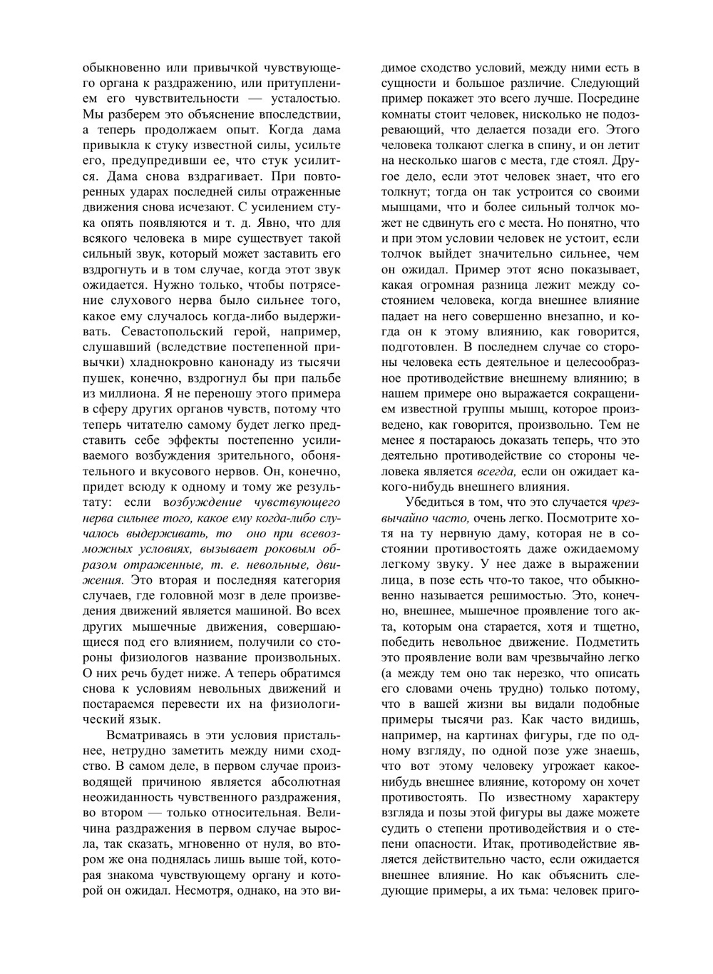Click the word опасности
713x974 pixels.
[x=434, y=844]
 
